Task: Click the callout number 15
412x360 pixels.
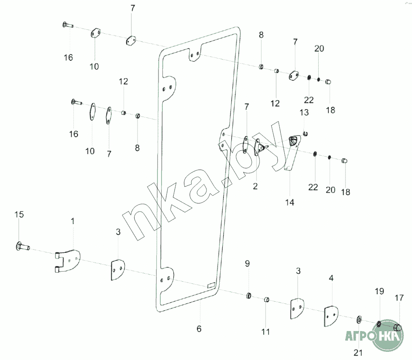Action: tap(19, 214)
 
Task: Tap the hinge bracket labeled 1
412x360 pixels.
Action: tap(67, 261)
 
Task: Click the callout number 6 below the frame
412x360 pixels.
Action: tap(199, 329)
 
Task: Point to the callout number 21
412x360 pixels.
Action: tap(358, 353)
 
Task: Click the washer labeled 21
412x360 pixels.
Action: tap(359, 318)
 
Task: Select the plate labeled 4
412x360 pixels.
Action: tap(331, 314)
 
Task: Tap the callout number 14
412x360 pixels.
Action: tap(290, 202)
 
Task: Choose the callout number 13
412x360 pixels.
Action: tap(304, 112)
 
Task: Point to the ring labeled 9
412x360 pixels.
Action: tap(248, 295)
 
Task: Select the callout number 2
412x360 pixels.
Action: tap(255, 187)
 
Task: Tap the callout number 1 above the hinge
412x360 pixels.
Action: tap(73, 221)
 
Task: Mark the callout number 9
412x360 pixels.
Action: tap(247, 264)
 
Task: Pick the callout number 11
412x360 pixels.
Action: tap(266, 332)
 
